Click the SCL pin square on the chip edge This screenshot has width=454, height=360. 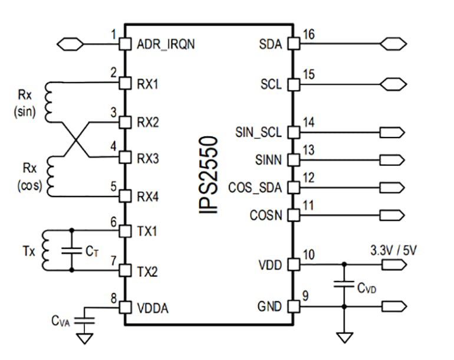click(x=292, y=84)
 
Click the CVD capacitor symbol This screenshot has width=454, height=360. click(x=344, y=285)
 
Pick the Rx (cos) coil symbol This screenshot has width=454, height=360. click(x=49, y=175)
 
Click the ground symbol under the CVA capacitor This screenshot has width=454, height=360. click(x=86, y=338)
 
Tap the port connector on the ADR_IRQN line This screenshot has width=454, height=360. click(x=70, y=44)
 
